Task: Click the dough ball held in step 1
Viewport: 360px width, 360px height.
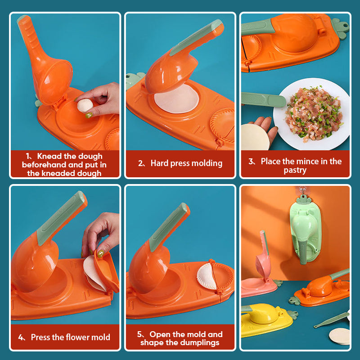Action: coord(84,106)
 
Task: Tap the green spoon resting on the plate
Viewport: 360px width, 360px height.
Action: coord(263,99)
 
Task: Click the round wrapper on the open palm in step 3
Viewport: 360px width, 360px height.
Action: coord(255,137)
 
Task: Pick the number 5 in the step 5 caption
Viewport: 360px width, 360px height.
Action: coord(139,334)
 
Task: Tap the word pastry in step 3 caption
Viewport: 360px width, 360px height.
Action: coord(295,170)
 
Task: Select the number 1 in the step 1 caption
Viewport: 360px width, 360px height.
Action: coord(28,156)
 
